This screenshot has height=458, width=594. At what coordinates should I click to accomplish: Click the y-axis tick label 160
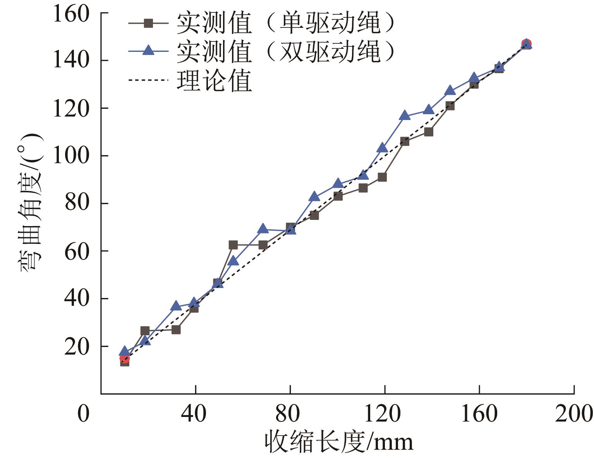tap(71, 14)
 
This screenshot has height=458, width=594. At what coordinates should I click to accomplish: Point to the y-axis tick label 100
tap(71, 156)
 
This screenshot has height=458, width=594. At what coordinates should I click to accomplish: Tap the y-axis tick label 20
tap(77, 347)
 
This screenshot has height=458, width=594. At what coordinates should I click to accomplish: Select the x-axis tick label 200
tap(573, 414)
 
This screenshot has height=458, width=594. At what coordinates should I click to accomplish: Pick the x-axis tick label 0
tap(83, 414)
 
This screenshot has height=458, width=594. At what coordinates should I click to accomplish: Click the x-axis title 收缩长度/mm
tap(339, 442)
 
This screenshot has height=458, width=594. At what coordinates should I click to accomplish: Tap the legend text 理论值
tap(214, 80)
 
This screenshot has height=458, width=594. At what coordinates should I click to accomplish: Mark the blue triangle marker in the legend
tap(148, 50)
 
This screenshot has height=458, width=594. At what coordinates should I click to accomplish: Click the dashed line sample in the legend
tap(148, 80)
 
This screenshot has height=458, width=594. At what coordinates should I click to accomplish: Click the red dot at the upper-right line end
tap(526, 44)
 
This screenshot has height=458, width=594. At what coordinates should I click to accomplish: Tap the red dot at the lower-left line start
tap(125, 359)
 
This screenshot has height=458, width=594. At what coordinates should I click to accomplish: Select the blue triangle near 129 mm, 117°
tap(405, 115)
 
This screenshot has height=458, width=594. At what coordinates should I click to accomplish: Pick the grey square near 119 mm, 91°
tap(382, 177)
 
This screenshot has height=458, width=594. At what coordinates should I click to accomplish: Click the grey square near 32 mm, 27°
tap(176, 330)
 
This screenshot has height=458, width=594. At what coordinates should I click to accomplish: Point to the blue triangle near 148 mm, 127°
tap(450, 91)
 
